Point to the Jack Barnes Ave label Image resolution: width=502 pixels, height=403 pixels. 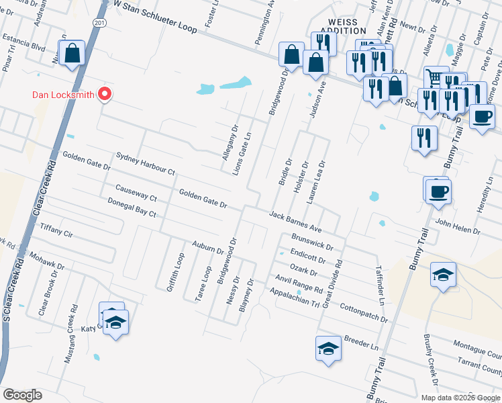[x=296, y=219]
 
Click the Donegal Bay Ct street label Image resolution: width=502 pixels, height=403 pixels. [x=132, y=208]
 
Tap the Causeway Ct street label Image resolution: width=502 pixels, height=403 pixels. [x=136, y=193]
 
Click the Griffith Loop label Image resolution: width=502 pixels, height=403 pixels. [x=179, y=271]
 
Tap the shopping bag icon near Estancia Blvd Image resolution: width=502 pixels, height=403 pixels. [x=72, y=52]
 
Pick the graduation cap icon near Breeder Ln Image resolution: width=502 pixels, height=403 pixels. [x=328, y=349]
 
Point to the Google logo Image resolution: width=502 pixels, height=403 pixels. [x=23, y=395]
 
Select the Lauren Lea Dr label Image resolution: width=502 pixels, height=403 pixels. [x=316, y=182]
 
